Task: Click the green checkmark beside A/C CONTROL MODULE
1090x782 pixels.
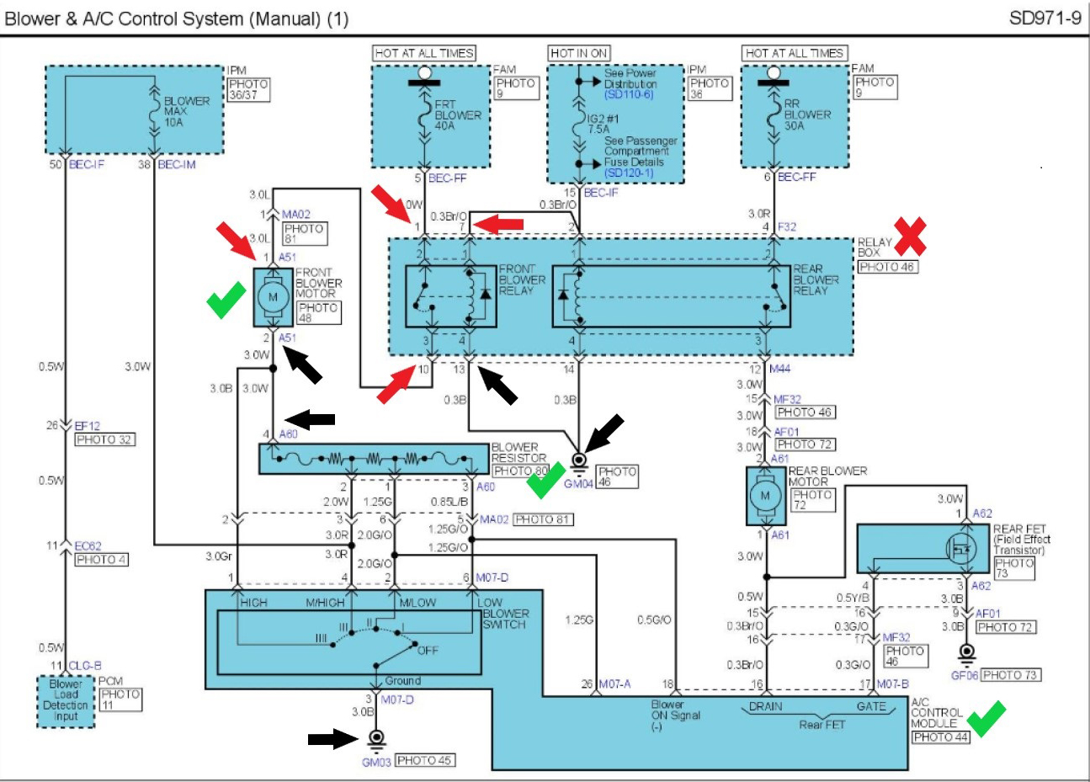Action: [x=986, y=718]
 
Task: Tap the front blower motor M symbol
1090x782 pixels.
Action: [x=272, y=296]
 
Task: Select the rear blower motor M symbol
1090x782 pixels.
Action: [x=765, y=495]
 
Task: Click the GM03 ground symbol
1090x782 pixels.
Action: [x=376, y=741]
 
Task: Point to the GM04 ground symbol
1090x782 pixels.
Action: [x=579, y=464]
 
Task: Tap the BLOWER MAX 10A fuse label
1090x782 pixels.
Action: [x=186, y=111]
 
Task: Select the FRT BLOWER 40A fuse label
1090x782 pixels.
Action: [x=457, y=115]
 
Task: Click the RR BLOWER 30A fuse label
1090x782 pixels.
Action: [x=806, y=114]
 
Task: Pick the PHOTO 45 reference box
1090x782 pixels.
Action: [x=425, y=760]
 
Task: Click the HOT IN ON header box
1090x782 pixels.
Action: [x=578, y=53]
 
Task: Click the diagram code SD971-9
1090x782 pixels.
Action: [x=1045, y=18]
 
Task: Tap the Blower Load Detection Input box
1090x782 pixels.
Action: [x=66, y=700]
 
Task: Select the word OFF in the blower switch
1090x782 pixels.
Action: [x=428, y=651]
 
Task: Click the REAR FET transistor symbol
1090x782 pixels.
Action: [x=962, y=550]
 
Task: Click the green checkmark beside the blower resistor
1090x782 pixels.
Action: [x=545, y=479]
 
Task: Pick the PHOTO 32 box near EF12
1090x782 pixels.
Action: [x=104, y=439]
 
